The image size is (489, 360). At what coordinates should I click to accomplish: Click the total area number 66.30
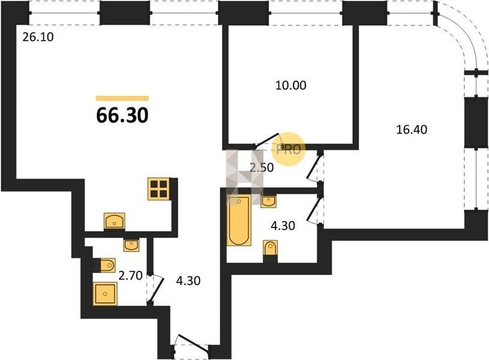coord(122,115)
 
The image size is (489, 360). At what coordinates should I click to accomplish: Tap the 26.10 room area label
coord(38,37)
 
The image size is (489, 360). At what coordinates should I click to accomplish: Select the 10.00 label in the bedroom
coord(290,85)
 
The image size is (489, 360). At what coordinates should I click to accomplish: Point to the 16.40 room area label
coord(412,129)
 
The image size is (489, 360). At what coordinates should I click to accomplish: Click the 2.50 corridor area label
coord(262,167)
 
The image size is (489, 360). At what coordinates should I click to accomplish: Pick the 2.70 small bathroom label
coord(130,275)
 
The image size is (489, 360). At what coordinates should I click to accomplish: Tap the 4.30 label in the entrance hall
coord(188,281)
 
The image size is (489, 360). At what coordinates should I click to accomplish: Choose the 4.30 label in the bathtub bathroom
coord(283,226)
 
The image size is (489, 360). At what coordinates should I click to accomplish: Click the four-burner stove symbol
coord(159,189)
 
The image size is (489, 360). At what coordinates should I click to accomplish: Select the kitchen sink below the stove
coord(115,221)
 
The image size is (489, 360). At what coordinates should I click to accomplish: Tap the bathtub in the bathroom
coord(239,220)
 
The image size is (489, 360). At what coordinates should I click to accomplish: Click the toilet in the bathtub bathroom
coord(271,248)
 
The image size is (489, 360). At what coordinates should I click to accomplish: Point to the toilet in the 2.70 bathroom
coord(107,265)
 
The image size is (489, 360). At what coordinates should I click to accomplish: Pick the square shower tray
coord(105,293)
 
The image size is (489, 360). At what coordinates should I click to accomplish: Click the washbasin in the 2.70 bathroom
coord(131,245)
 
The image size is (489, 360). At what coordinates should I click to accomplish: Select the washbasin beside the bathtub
coord(269,202)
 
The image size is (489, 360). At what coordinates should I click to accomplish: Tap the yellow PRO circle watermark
coord(288,149)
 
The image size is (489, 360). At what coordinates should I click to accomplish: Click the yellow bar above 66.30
coord(122,98)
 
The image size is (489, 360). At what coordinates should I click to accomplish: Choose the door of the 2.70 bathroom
coord(155,289)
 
